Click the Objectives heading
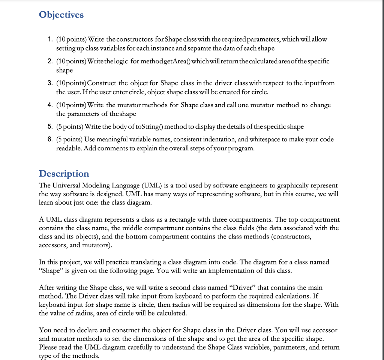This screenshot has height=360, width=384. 61,15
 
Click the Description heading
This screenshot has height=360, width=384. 64,174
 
